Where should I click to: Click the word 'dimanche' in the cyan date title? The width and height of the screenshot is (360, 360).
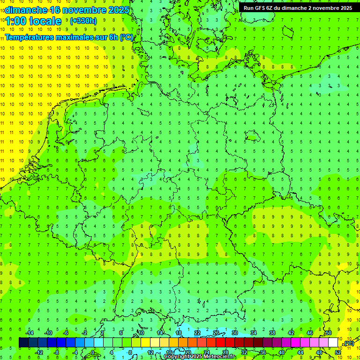click(26, 10)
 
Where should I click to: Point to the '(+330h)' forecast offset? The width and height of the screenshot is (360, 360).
click(83, 21)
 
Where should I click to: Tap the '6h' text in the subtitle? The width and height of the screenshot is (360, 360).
click(114, 37)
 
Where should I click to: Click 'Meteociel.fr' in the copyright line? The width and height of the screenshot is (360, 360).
click(219, 357)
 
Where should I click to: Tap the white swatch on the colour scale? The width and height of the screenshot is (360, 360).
click(333, 343)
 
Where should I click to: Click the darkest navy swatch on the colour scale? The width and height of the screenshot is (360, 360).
click(23, 343)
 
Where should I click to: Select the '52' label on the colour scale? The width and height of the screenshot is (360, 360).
click(338, 352)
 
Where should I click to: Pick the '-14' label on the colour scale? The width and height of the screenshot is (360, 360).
click(30, 333)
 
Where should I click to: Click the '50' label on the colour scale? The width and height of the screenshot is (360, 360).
click(329, 333)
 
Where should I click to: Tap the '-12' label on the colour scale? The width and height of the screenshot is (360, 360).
click(39, 352)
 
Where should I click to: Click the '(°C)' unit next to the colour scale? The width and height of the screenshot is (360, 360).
click(348, 344)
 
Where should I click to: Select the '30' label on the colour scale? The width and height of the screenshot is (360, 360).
click(235, 333)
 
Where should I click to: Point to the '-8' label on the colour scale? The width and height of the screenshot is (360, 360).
click(57, 352)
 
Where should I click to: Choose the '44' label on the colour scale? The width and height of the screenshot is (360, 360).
click(300, 352)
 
